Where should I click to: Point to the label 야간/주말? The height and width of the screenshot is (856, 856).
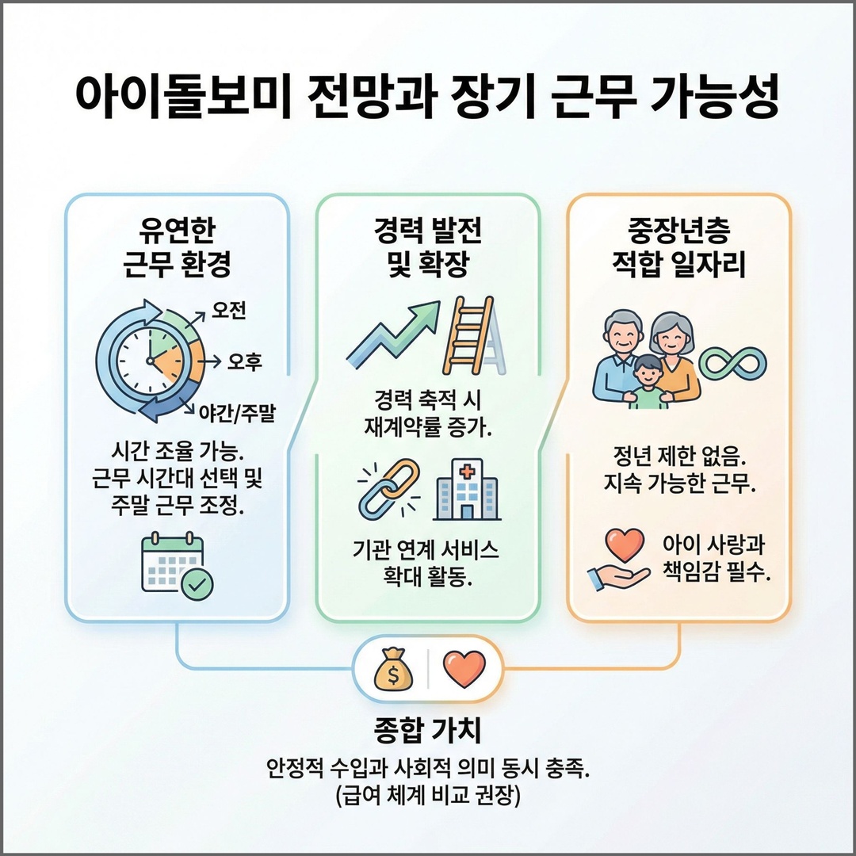pos(239,412)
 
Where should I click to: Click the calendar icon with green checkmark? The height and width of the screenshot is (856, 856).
pos(176,564)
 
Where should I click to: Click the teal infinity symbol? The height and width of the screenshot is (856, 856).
pos(732,363)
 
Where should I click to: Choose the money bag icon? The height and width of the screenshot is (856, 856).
pos(393,671)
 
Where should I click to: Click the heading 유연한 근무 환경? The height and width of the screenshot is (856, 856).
pos(177,246)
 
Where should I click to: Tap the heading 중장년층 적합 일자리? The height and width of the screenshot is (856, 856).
pos(678,246)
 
